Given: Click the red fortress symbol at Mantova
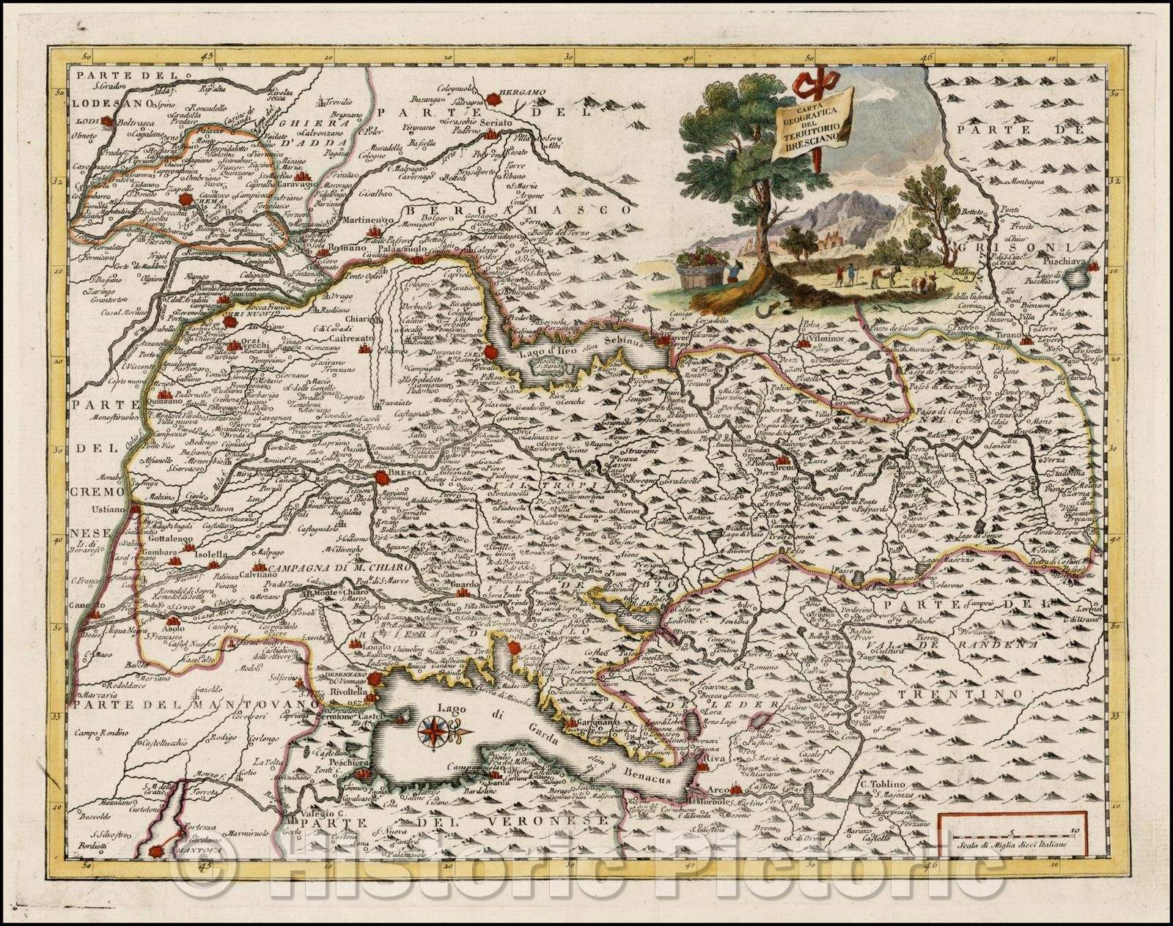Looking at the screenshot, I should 155,851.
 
